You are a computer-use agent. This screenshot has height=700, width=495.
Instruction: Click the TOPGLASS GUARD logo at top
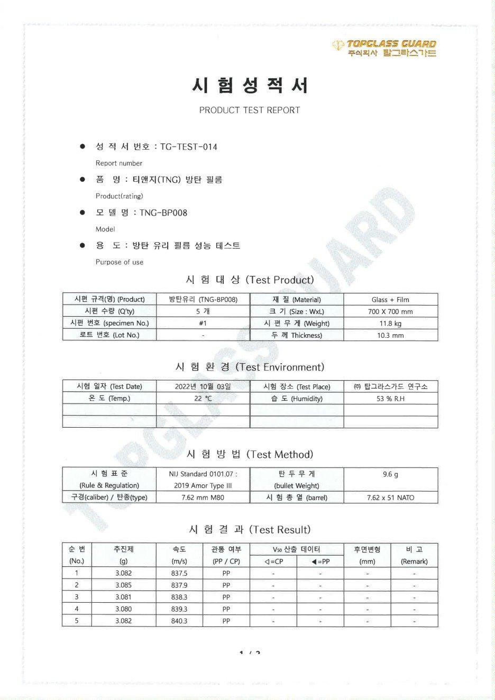[x=384, y=48]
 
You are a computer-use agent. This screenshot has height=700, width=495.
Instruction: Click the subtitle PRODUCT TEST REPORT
[x=249, y=110]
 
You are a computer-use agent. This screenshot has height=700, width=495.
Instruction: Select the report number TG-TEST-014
[x=189, y=146]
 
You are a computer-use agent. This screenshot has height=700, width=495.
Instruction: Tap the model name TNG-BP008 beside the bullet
[x=163, y=213]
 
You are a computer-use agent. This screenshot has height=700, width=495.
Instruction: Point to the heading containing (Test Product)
[x=250, y=280]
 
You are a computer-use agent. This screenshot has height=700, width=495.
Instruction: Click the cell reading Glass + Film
[x=390, y=299]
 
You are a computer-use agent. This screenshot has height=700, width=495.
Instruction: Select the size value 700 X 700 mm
[x=390, y=311]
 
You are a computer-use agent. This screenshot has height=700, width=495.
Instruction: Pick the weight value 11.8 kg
[x=390, y=323]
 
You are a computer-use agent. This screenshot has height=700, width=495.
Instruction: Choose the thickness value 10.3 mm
[x=390, y=335]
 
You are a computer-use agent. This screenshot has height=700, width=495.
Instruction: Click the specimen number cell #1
[x=203, y=323]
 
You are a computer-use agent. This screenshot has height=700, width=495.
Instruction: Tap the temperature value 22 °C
[x=203, y=398]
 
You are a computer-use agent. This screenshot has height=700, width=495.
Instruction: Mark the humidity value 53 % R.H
[x=390, y=398]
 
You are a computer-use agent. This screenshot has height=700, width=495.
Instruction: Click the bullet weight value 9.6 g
[x=390, y=474]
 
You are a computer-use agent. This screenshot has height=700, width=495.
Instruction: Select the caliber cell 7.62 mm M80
[x=203, y=497]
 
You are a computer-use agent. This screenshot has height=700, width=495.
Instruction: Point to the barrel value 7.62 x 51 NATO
[x=390, y=498]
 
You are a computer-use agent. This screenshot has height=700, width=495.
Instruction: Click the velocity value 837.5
[x=179, y=573]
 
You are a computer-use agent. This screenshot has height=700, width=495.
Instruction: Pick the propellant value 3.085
[x=124, y=585]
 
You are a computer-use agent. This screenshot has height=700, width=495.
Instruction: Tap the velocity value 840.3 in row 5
[x=179, y=621]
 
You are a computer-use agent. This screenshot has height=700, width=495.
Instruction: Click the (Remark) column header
[x=414, y=561]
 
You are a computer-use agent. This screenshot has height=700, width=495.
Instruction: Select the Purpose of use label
[x=120, y=262]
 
